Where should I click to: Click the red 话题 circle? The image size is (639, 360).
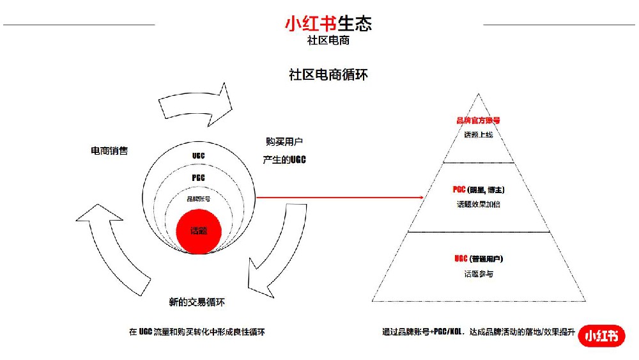click(x=199, y=230)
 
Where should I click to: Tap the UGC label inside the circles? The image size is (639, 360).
click(x=198, y=156)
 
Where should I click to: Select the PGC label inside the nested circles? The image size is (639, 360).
click(x=198, y=178)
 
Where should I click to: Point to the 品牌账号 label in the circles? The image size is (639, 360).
click(x=198, y=199)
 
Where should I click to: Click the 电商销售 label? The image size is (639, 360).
click(x=109, y=151)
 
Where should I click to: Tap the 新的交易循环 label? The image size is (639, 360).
click(x=197, y=302)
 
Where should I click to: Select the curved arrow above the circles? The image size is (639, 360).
click(x=195, y=100)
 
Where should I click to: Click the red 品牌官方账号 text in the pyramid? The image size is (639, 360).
click(x=478, y=120)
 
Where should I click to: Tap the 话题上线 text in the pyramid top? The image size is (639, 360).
click(x=479, y=135)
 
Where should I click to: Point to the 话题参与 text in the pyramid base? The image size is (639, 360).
click(x=479, y=274)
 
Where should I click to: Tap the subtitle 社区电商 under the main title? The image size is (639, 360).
click(x=328, y=40)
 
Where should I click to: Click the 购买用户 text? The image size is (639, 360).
click(x=283, y=142)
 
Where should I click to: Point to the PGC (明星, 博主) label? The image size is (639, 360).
click(x=479, y=189)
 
